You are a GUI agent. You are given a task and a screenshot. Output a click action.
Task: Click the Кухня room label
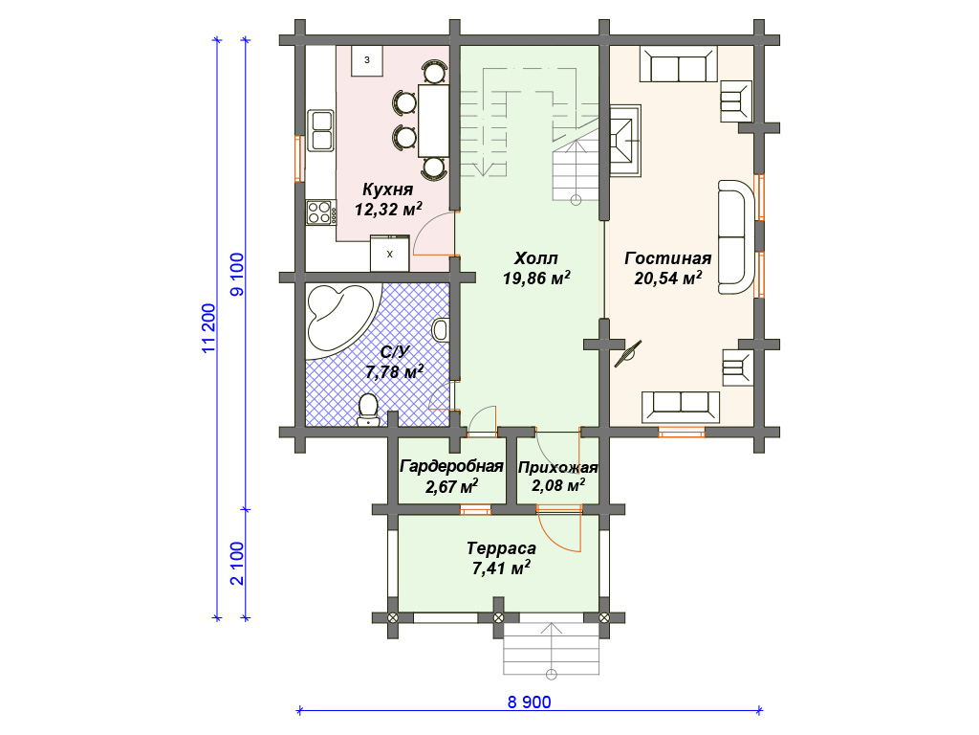388,189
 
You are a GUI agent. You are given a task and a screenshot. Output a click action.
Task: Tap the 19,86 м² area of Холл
536,278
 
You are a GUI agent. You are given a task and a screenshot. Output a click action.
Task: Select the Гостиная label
667,258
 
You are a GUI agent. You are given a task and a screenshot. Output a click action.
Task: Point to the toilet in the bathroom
368,410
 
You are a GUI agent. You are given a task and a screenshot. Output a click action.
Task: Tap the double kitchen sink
321,130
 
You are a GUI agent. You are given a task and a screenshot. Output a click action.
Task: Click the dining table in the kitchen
433,121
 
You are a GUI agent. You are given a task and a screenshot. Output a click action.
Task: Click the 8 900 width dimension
530,702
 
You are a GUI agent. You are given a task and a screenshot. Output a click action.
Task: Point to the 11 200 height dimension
208,329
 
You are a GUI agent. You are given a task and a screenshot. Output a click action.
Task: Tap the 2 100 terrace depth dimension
237,564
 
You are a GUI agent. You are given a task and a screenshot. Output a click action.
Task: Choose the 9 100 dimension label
237,275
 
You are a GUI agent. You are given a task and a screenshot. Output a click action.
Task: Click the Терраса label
501,548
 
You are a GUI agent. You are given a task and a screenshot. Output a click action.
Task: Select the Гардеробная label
451,466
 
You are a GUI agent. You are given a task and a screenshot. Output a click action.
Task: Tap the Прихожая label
558,467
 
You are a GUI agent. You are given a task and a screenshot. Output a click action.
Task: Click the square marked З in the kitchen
367,60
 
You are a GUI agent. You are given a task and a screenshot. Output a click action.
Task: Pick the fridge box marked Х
390,253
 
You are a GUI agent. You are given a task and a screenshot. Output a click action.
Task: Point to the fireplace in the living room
625,141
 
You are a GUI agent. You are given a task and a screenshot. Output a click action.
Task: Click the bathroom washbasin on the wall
441,330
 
